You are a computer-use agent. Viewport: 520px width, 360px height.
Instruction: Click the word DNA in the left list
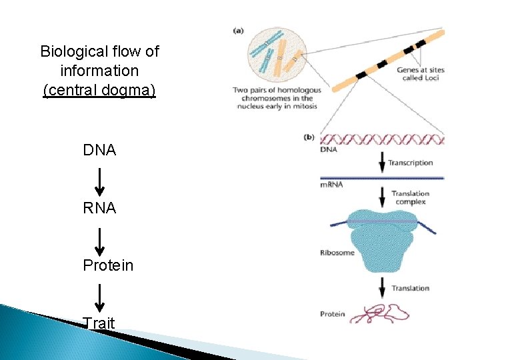tap(99, 151)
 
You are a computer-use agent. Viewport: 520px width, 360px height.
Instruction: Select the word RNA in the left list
tap(99, 208)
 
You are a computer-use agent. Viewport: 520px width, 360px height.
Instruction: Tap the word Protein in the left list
tap(108, 265)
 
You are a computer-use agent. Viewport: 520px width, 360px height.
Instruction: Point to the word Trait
tap(99, 323)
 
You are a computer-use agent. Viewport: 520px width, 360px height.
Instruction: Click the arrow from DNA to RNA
tap(99, 181)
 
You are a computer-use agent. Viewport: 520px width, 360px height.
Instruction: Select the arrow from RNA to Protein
tap(99, 238)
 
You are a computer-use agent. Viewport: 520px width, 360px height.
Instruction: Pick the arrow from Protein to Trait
tap(99, 295)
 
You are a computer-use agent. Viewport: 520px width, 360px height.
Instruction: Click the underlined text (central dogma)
tap(99, 89)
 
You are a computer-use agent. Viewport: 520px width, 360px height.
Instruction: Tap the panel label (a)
tap(239, 30)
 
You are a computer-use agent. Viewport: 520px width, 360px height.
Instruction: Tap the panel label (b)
tap(309, 137)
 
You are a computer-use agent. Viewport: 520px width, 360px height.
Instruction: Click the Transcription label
tap(410, 163)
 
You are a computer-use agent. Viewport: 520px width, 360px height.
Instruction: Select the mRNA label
tap(331, 184)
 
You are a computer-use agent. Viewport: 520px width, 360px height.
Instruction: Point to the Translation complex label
tap(411, 198)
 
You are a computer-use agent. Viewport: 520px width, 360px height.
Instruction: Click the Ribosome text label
tap(337, 253)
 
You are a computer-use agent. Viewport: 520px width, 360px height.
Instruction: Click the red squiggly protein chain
tap(383, 312)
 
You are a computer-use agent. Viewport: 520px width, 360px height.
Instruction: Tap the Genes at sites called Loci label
tap(420, 73)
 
